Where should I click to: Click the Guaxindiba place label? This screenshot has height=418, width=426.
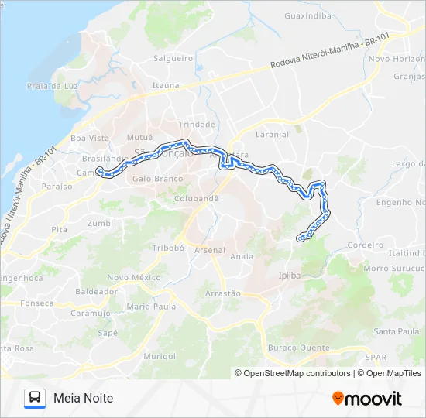307,15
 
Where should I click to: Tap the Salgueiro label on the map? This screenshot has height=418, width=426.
173,58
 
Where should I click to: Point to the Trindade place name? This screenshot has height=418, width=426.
197,124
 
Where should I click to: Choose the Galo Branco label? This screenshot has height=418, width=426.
158,179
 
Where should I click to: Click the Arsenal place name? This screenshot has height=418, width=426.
210,250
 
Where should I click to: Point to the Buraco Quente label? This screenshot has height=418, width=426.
298,348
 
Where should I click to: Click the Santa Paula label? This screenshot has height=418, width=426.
397,331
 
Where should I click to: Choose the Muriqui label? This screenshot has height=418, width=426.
160,356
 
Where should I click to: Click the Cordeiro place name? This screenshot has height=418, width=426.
366,245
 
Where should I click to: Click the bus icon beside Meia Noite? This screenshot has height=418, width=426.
35,398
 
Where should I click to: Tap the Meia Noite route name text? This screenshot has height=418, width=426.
84,398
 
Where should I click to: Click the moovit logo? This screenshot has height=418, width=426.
367,399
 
